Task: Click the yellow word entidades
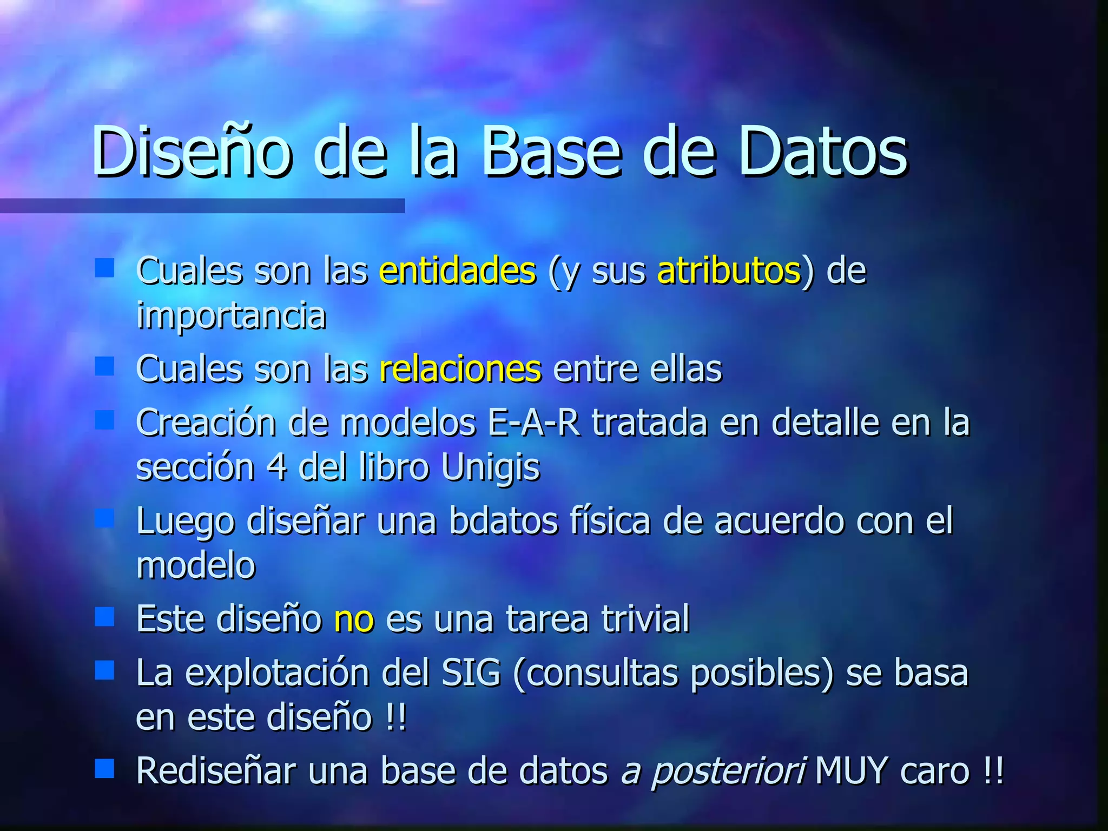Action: point(458,271)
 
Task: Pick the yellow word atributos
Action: point(729,271)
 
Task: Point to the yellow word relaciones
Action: point(460,370)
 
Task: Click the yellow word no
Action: point(354,619)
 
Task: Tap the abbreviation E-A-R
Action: point(533,423)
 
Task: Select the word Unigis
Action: point(491,467)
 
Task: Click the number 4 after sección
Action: point(276,467)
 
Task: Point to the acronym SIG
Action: point(471,674)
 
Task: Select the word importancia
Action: point(231,315)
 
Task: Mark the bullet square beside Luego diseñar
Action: point(104,518)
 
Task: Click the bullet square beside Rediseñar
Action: point(104,768)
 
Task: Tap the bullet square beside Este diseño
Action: point(104,616)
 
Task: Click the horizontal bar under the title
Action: point(202,206)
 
